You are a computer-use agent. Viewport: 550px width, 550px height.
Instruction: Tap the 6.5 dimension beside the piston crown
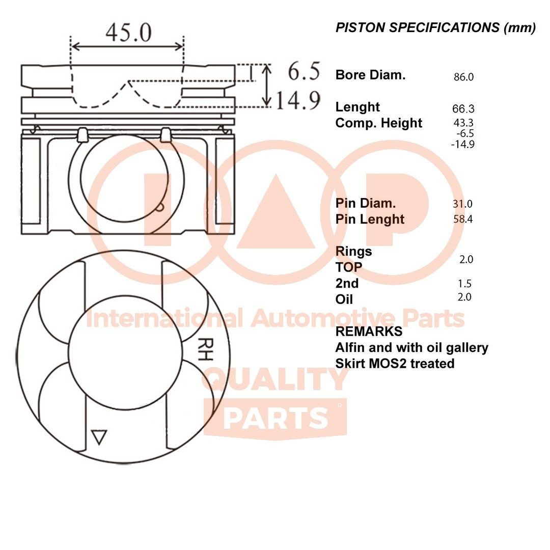point(304,72)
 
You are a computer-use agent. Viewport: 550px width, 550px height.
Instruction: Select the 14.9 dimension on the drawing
point(298,101)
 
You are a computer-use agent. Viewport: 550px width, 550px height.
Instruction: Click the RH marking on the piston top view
point(204,349)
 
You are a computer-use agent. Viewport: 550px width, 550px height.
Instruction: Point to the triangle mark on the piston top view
point(99,437)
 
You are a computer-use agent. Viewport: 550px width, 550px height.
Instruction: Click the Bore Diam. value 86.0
point(463,77)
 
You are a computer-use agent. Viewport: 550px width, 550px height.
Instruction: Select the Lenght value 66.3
point(463,109)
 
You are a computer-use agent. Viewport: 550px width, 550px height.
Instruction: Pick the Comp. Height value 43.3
point(463,123)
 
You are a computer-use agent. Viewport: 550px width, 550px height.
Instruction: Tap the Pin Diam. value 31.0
point(462,204)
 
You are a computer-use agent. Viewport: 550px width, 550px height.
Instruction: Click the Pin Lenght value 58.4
point(462,219)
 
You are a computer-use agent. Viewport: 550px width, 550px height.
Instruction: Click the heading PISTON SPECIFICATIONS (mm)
point(435,28)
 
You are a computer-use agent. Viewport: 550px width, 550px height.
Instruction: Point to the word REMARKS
point(369,332)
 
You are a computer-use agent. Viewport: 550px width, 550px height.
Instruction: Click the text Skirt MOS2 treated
point(395,364)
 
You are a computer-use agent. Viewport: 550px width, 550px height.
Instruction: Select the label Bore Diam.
point(370,75)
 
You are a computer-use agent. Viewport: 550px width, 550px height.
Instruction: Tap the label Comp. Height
point(379,123)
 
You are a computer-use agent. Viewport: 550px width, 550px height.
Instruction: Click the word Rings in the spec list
point(353,252)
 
